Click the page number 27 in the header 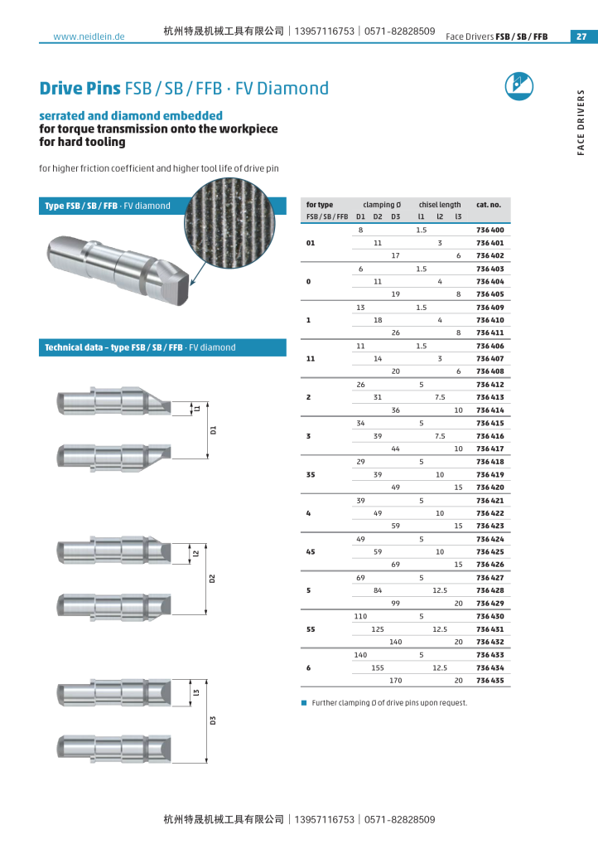pyautogui.click(x=581, y=36)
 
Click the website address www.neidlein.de pyautogui.click(x=89, y=36)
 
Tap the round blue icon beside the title pyautogui.click(x=519, y=86)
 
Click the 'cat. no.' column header pyautogui.click(x=488, y=204)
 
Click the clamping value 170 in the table pyautogui.click(x=395, y=680)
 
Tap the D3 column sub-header pyautogui.click(x=395, y=216)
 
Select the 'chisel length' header pyautogui.click(x=439, y=204)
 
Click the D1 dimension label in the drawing pyautogui.click(x=212, y=429)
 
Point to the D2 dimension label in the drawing pyautogui.click(x=212, y=579)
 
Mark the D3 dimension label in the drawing pyautogui.click(x=212, y=720)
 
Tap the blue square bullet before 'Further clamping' pyautogui.click(x=304, y=702)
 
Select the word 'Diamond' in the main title pyautogui.click(x=295, y=88)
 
